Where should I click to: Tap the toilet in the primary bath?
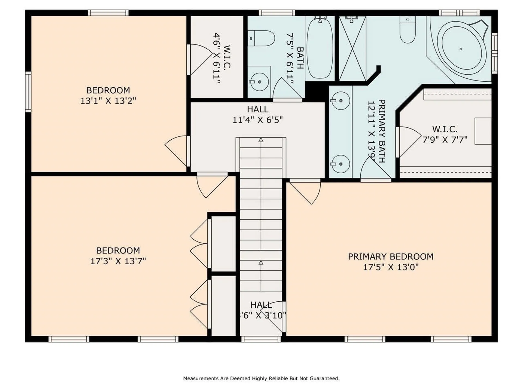click(x=408, y=30)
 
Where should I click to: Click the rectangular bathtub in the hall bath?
click(x=320, y=48)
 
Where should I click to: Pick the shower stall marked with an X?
click(x=352, y=48)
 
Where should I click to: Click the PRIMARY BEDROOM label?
click(x=391, y=256)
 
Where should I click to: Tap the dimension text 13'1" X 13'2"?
click(x=108, y=101)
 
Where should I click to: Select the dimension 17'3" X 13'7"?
click(x=118, y=261)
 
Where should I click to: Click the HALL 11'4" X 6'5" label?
click(x=257, y=115)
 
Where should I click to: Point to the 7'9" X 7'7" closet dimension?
click(x=445, y=140)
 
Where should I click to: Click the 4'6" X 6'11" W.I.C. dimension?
click(x=217, y=58)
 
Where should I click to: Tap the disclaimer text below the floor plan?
click(x=261, y=378)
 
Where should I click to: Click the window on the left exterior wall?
click(x=28, y=92)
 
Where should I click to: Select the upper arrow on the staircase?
click(x=261, y=140)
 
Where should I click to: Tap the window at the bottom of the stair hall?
click(x=261, y=339)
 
